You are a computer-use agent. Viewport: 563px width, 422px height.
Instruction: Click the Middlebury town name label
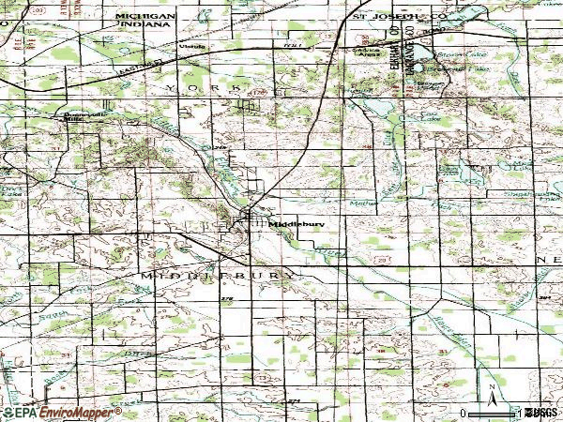292,224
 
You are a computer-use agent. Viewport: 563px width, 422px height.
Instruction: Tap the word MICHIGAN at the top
145,18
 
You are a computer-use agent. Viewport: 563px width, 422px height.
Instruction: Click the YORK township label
203,86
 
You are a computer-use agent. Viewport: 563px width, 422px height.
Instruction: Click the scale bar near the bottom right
493,412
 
